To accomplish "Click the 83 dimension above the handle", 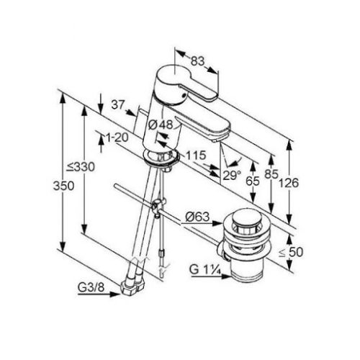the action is (x=197, y=61).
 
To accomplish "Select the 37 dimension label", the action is (x=118, y=105).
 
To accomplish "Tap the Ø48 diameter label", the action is (x=161, y=125).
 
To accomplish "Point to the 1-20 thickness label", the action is (x=117, y=138).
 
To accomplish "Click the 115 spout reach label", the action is (x=196, y=156).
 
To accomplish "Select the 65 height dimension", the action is (x=253, y=181).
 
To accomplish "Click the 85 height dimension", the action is (x=271, y=174).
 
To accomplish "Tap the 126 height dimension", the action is (x=289, y=183).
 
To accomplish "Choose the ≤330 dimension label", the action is (x=81, y=167).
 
